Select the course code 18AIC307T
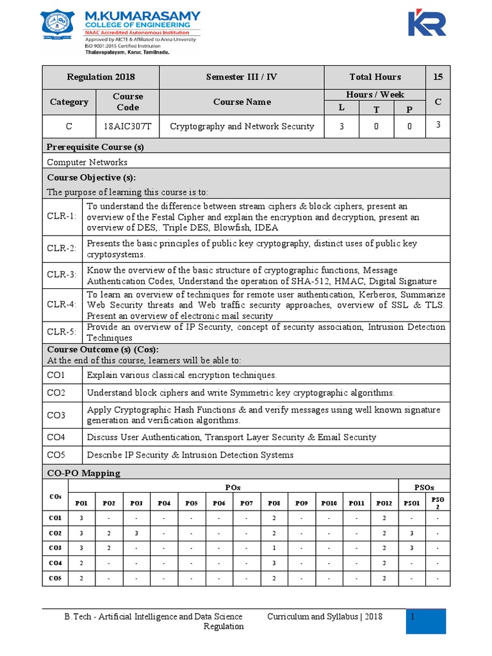[x=127, y=126]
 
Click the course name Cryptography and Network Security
[x=242, y=126]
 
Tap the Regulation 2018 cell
[x=101, y=77]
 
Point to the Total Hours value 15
[x=438, y=77]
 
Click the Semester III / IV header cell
[x=242, y=77]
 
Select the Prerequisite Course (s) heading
[x=95, y=147]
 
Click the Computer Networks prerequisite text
[x=87, y=162]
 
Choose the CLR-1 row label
[x=62, y=217]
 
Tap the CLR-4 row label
[x=62, y=305]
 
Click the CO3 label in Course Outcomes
[x=56, y=415]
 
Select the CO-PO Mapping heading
[x=84, y=473]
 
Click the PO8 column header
[x=274, y=503]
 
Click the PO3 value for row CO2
[x=136, y=533]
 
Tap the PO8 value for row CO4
[x=274, y=563]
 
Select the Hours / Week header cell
[x=375, y=95]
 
